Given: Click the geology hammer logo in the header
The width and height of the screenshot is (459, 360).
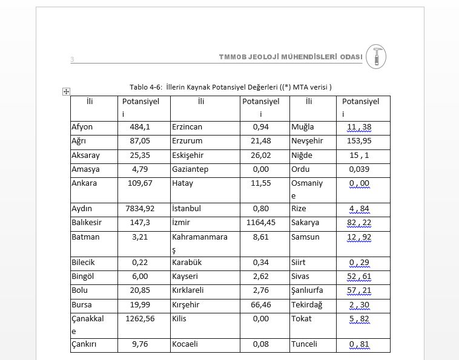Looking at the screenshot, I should click(376, 56).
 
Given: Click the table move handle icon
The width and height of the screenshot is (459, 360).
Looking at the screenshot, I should click(67, 91).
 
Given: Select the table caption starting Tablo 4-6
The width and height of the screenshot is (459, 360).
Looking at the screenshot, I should click(230, 87).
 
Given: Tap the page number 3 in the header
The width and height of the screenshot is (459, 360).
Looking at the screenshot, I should click(72, 59).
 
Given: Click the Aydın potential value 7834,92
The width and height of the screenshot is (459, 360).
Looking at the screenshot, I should click(140, 209).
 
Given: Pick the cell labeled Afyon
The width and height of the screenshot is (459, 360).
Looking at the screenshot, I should click(82, 127).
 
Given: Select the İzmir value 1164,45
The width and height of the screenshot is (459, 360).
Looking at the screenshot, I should click(260, 223).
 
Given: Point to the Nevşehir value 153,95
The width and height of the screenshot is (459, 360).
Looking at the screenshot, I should click(359, 141).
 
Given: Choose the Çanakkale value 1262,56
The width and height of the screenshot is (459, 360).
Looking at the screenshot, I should click(140, 319).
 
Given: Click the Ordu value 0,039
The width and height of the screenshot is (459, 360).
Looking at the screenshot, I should click(359, 169).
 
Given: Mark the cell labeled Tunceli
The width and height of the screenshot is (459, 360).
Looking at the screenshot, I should click(304, 344).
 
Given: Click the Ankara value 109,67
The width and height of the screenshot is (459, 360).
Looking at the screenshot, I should click(140, 183).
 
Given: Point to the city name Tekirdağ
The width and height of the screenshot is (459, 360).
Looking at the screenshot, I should click(307, 305).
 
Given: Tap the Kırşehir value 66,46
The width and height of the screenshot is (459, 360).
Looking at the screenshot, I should click(260, 305).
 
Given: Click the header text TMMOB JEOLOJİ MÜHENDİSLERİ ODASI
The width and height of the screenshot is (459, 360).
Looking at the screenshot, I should click(291, 57).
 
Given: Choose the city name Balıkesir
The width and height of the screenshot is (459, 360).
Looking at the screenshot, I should click(87, 223).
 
